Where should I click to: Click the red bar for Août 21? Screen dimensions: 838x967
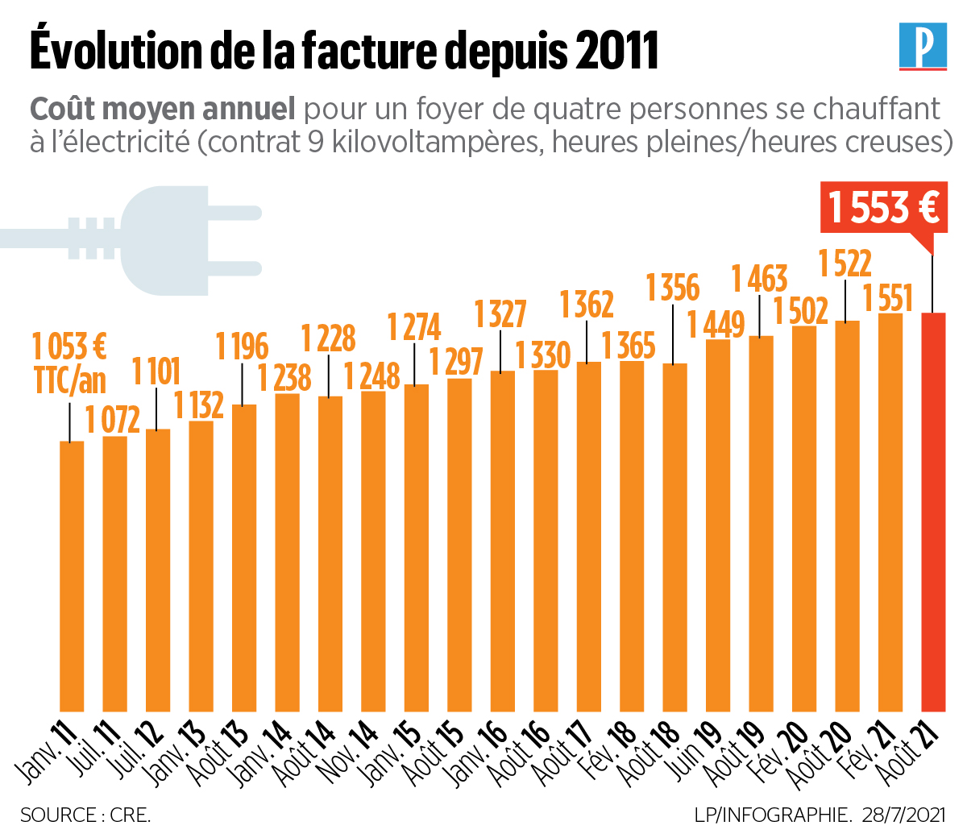933,512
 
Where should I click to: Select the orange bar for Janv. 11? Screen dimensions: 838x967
72,576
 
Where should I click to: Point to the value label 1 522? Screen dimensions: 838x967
845,263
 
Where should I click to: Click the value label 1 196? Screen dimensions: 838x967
242,346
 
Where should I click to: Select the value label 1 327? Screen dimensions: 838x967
500,313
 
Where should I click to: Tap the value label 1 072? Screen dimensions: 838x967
113,420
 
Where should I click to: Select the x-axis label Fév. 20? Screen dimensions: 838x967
781,749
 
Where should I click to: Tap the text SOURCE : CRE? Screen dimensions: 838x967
85,815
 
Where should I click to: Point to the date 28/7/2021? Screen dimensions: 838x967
902,815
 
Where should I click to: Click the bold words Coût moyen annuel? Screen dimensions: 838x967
162,109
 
